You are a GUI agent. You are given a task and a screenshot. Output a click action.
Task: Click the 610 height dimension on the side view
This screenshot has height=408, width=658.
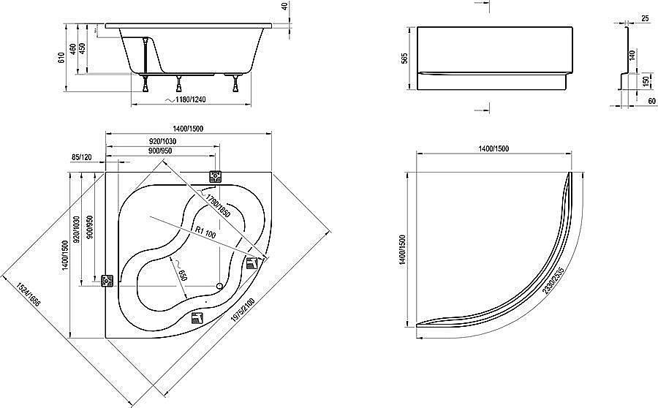point(62,57)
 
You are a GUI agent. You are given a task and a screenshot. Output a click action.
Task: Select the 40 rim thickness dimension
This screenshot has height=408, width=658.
point(284,7)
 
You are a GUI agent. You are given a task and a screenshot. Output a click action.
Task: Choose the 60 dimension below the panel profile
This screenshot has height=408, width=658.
point(651,101)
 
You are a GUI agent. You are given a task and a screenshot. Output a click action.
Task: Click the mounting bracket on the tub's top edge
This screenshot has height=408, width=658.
point(216,176)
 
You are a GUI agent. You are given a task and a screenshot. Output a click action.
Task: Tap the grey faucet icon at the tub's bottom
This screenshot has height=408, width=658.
point(197,317)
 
